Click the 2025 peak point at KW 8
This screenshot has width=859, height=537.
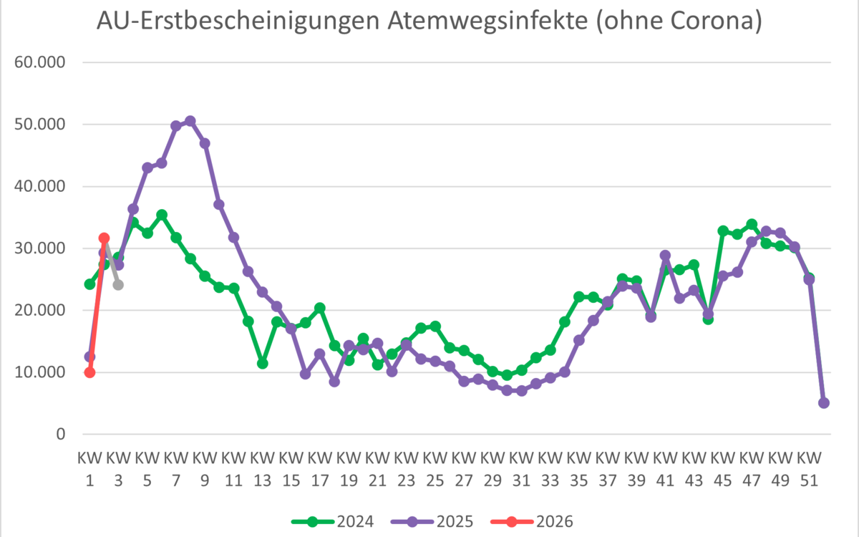[190, 121]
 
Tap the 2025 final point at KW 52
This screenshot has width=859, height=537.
[824, 403]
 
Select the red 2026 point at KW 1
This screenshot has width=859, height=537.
[89, 372]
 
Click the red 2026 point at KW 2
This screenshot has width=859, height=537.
[104, 238]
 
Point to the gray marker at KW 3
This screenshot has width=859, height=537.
[118, 285]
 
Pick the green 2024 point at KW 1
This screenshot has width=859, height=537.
[89, 284]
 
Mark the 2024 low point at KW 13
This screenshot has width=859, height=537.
[263, 364]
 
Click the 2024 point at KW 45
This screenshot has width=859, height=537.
[723, 231]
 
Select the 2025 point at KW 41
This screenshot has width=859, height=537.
[665, 256]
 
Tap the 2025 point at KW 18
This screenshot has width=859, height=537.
[334, 382]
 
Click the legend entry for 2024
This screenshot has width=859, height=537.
[336, 521]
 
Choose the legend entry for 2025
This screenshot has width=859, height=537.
[437, 521]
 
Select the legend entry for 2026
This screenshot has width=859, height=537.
[537, 521]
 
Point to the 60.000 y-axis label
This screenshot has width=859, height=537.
[40, 63]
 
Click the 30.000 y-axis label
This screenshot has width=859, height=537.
[40, 248]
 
